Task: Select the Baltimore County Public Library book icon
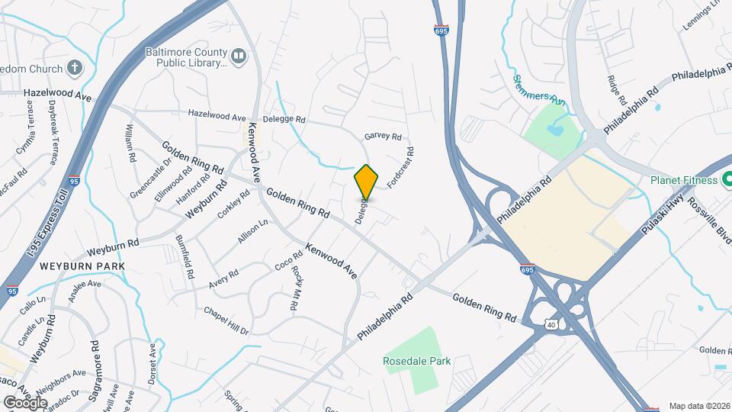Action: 239,56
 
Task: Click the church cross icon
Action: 74,67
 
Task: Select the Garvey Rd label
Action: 383,137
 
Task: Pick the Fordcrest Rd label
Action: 400,168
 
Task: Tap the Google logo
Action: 25,402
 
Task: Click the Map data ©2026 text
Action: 699,406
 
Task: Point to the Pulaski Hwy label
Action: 659,215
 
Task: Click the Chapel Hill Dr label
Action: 226,321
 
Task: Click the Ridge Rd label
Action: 618,90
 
